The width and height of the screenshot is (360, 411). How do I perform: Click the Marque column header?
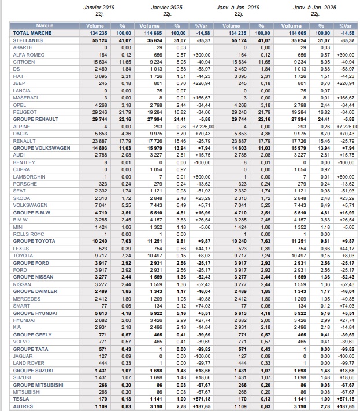pyautogui.click(x=44, y=26)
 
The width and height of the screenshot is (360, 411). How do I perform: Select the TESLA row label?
pyautogui.click(x=21, y=399)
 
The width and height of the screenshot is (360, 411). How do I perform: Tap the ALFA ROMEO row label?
pyautogui.click(x=27, y=54)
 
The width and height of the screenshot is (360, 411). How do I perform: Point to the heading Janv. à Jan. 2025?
pyautogui.click(x=315, y=8)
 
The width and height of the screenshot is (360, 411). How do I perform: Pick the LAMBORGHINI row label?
pyautogui.click(x=28, y=176)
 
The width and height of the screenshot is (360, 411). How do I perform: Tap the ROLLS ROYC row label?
pyautogui.click(x=27, y=234)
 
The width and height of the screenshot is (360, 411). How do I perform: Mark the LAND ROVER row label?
pyautogui.click(x=28, y=363)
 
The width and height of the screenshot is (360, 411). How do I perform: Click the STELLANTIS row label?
pyautogui.click(x=28, y=40)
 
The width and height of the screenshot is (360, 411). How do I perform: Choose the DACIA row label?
pyautogui.click(x=21, y=134)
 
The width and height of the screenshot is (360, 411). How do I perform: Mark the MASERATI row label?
pyautogui.click(x=25, y=98)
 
